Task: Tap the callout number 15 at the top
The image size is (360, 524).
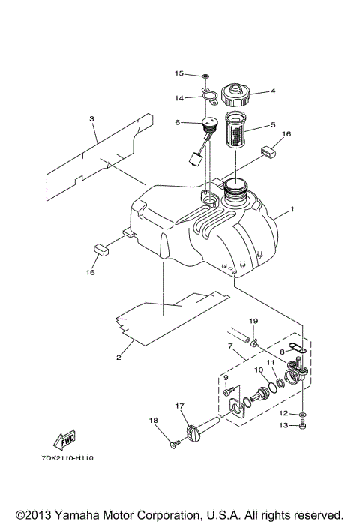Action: (x=178, y=73)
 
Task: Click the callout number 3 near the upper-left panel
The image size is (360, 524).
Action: (x=91, y=118)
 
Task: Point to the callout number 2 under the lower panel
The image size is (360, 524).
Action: (x=118, y=358)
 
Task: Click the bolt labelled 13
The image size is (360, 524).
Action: (x=302, y=426)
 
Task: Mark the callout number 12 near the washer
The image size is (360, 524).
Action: (x=283, y=412)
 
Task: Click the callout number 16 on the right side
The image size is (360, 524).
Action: (x=286, y=135)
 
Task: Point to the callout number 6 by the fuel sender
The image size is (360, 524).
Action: (x=177, y=123)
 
